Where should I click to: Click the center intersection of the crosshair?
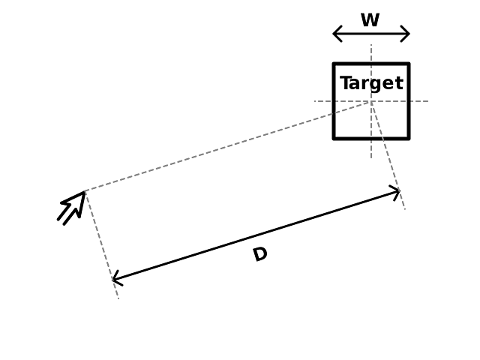click(370, 100)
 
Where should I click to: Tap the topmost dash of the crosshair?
click(370, 52)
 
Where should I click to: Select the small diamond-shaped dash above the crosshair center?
click(370, 73)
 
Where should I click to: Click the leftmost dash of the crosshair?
click(319, 100)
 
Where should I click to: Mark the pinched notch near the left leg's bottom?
click(111, 280)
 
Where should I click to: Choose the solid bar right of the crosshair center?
click(390, 100)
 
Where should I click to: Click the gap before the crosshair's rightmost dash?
click(409, 100)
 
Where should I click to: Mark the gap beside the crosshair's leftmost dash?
click(332, 100)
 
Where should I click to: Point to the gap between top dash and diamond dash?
click(370, 64)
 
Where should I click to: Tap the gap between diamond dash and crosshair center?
click(370, 84)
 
